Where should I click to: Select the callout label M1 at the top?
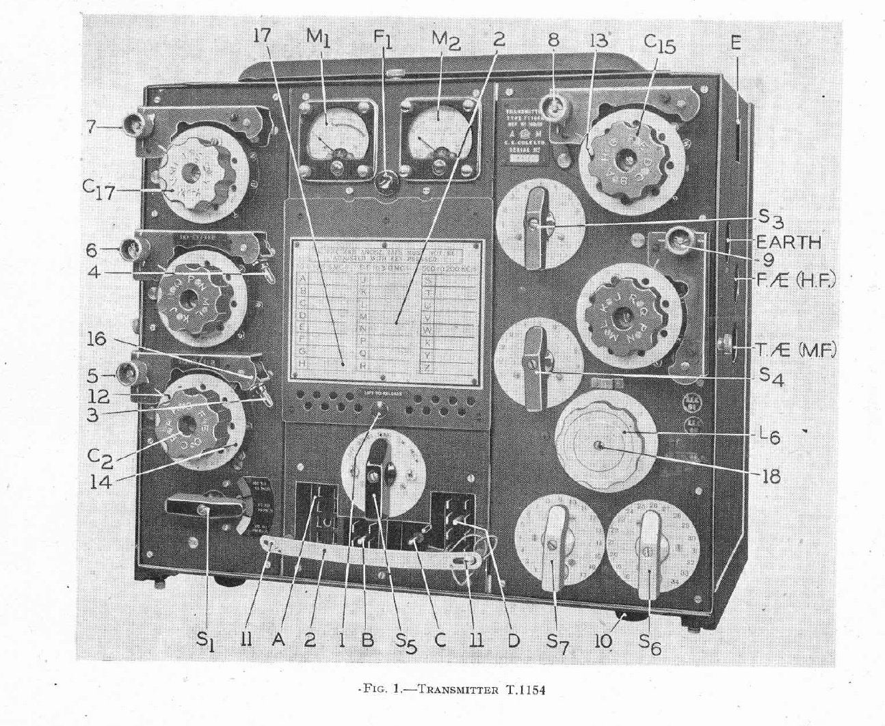[318, 39]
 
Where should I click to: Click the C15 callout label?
[659, 44]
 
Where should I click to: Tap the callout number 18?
[771, 476]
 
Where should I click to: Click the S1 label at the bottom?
[207, 643]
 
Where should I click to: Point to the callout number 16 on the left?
[97, 338]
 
